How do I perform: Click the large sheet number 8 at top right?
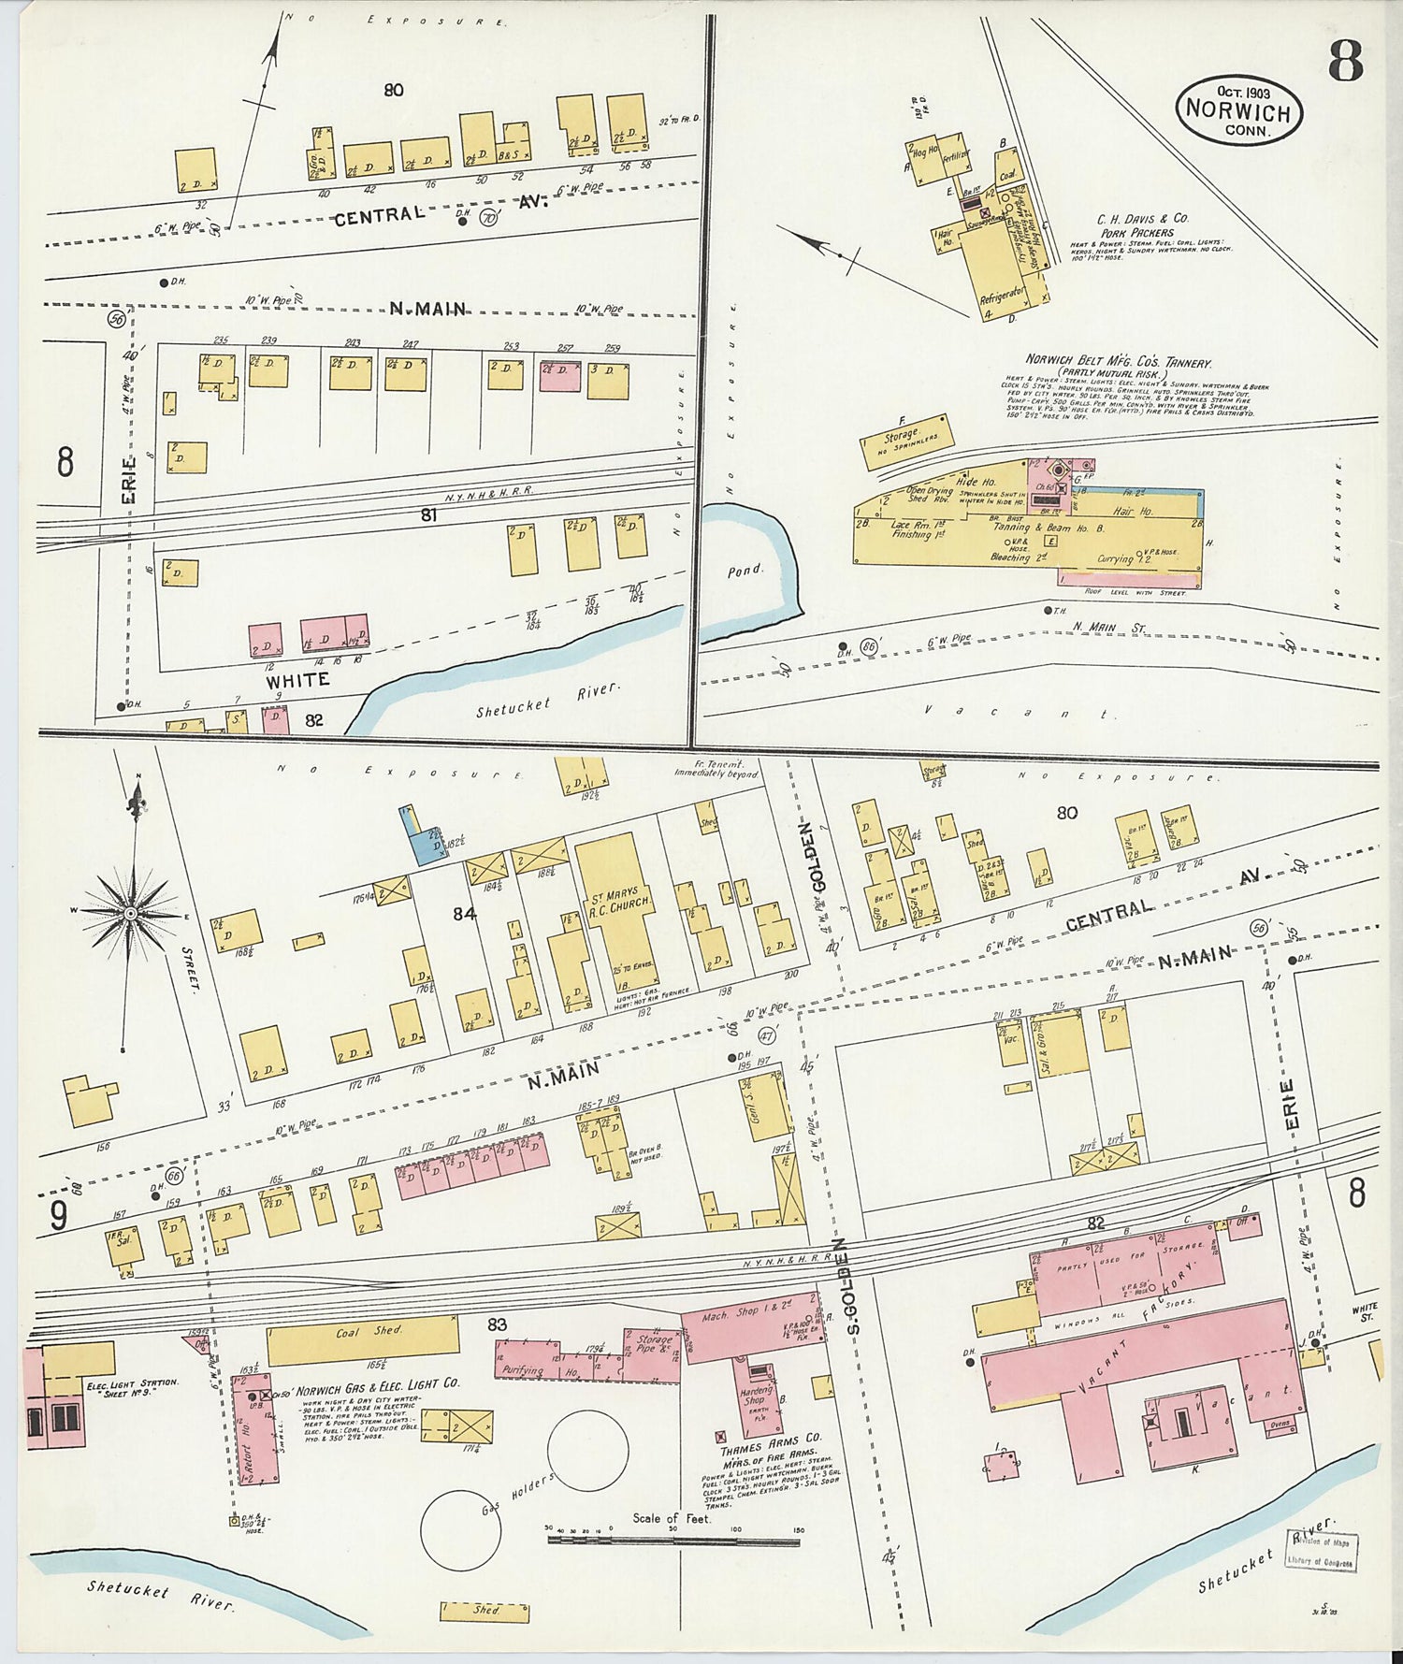click(1344, 62)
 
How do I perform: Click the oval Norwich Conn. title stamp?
click(1239, 109)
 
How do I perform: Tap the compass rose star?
click(131, 912)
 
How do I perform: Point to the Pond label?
click(745, 570)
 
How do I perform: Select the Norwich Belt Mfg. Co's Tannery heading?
click(1119, 362)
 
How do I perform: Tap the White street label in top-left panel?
click(297, 679)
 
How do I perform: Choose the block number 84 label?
click(465, 914)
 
